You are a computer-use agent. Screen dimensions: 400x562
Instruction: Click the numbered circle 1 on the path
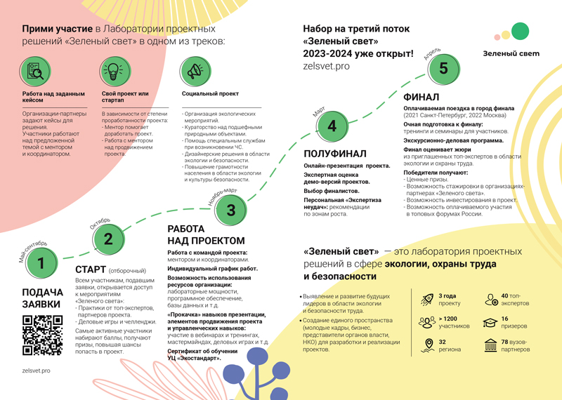[x=41, y=263]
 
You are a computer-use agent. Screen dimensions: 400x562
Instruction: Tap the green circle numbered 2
[x=108, y=239]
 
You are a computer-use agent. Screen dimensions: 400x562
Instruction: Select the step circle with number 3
[x=230, y=209]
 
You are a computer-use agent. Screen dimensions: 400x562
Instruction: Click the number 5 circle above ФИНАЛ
[x=443, y=68]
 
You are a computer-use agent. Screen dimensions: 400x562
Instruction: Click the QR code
[x=42, y=335]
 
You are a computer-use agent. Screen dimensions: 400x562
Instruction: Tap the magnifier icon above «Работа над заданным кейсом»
[x=36, y=71]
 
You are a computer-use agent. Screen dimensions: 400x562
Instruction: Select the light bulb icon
[x=112, y=71]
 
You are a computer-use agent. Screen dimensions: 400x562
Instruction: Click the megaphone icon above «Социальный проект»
[x=195, y=71]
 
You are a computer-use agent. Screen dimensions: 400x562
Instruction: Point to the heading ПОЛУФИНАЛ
[x=335, y=154]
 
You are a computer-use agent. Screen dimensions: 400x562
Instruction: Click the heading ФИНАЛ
[x=421, y=97]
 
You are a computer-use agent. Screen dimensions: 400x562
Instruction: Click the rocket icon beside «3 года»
[x=426, y=300]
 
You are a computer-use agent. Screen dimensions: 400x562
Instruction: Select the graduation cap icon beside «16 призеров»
[x=490, y=322]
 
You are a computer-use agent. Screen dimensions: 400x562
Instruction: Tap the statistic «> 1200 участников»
[x=454, y=322]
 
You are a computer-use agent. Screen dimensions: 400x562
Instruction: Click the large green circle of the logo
[x=520, y=32]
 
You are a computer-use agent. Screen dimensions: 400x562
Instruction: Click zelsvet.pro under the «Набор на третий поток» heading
[x=326, y=66]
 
